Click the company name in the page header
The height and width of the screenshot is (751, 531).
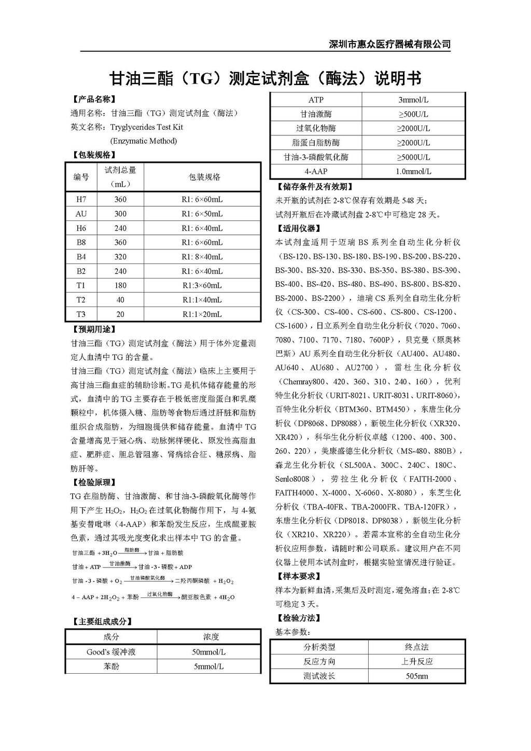(x=389, y=44)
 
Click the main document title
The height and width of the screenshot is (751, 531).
(x=265, y=78)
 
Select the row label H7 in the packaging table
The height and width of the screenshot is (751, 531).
(x=81, y=199)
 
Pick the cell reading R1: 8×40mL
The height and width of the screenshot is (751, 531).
(x=202, y=257)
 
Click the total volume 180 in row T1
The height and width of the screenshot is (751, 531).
(x=120, y=285)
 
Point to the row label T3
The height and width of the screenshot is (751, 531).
(x=81, y=314)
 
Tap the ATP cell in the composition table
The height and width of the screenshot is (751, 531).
(x=316, y=100)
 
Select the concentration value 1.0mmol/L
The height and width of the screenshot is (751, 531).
(x=413, y=171)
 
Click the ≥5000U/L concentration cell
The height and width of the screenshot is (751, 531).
(x=413, y=157)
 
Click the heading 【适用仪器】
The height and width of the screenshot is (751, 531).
(x=299, y=228)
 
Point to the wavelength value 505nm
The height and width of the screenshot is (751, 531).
(x=416, y=676)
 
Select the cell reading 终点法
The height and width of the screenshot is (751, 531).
(x=416, y=647)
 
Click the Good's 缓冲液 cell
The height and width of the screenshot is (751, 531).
(x=111, y=652)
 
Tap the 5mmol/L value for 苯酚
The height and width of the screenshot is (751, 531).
(x=208, y=666)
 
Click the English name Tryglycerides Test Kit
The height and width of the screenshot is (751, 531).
(x=146, y=127)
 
